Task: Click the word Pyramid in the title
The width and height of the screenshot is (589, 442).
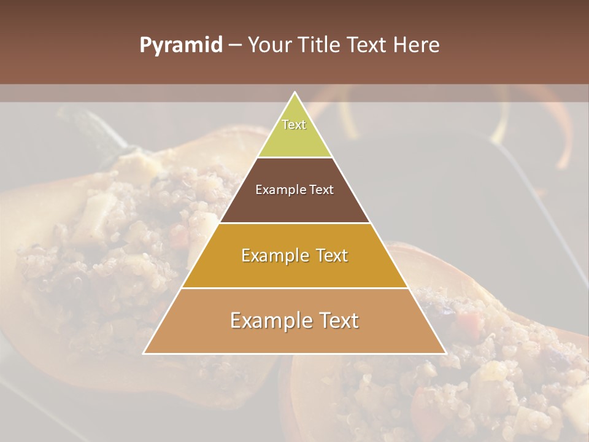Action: [x=181, y=45]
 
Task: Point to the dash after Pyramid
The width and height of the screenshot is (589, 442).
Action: [x=234, y=45]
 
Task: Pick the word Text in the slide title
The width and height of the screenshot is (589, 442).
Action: [x=368, y=45]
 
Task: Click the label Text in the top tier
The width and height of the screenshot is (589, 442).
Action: [x=294, y=125]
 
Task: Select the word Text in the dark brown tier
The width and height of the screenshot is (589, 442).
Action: [x=322, y=190]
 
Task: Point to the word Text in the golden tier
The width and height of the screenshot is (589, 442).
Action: [x=331, y=255]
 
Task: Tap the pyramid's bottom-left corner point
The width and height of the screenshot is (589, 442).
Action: [x=144, y=354]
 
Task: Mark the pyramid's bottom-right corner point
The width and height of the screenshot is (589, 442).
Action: [x=446, y=354]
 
